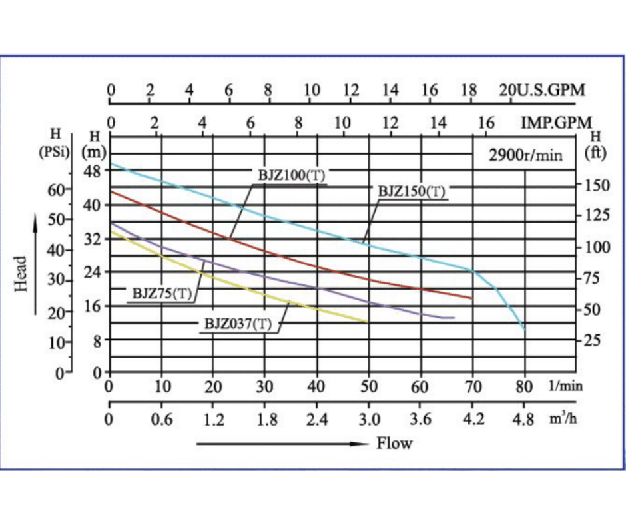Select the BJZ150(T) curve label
411,191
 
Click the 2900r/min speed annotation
525,156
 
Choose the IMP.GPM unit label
557,123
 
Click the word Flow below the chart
394,443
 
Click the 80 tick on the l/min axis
525,386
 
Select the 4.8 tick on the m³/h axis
525,420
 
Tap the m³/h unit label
563,419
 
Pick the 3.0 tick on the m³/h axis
369,420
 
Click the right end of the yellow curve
368,322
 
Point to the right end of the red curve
472,298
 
